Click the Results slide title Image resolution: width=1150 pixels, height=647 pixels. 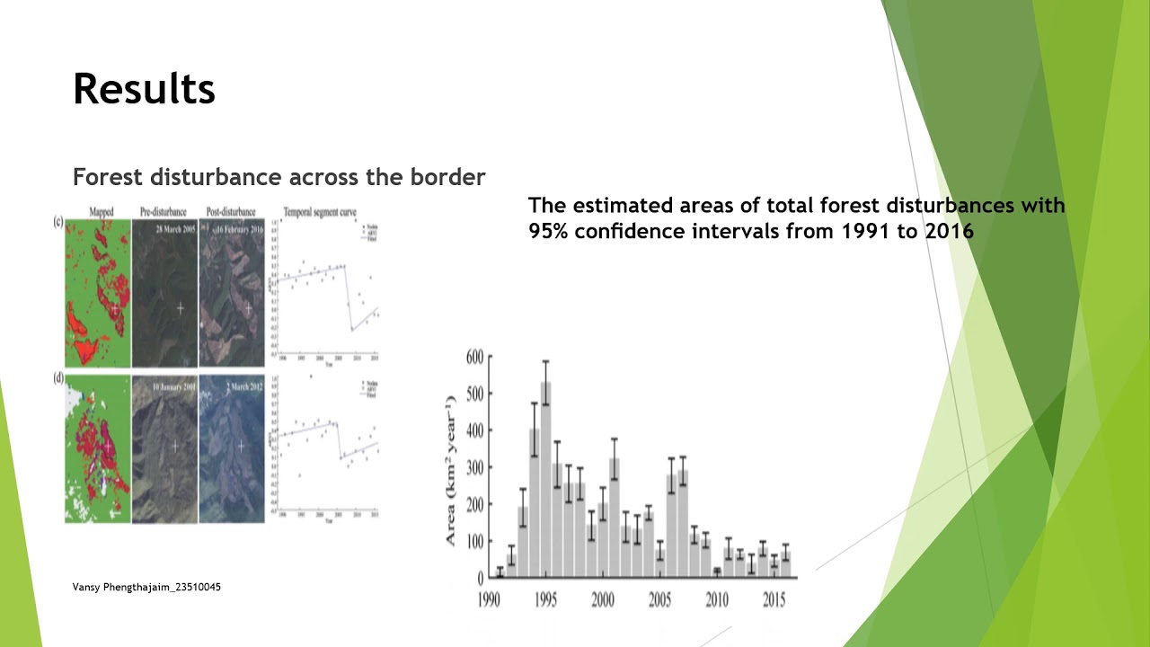[144, 89]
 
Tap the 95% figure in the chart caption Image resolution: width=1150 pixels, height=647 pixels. [549, 231]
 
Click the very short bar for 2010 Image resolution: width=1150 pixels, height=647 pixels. [717, 572]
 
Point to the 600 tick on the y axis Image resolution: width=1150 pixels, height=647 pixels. [474, 357]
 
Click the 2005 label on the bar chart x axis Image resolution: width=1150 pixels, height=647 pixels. [660, 599]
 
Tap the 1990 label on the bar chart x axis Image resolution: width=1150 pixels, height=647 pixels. [489, 599]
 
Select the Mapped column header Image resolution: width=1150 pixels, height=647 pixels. [101, 212]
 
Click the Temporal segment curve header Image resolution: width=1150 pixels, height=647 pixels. [320, 212]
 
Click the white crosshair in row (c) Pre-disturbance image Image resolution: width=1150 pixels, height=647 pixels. [180, 308]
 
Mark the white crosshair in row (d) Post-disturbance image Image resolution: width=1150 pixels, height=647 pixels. [241, 446]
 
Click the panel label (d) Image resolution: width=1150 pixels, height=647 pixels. [58, 378]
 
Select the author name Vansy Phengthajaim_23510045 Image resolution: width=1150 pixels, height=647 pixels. [146, 587]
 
